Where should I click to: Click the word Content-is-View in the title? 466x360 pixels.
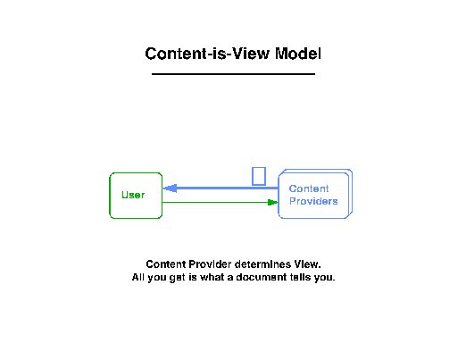click(207, 54)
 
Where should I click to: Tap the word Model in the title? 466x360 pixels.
click(298, 54)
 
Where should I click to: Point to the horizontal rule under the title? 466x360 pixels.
click(233, 74)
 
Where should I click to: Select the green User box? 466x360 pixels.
click(110, 196)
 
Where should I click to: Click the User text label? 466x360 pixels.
click(133, 195)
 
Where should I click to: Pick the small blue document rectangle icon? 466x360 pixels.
click(259, 176)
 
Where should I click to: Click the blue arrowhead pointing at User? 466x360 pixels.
click(171, 188)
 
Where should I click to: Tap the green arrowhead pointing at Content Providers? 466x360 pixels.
click(273, 203)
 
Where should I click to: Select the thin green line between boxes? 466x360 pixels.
click(215, 203)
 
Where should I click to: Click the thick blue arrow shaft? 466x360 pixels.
click(228, 188)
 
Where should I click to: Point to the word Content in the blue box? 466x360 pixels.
click(309, 188)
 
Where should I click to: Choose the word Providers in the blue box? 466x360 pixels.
click(313, 201)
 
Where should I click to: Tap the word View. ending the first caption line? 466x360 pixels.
click(307, 264)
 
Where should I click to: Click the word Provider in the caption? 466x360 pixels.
click(210, 264)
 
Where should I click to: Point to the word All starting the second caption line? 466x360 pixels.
click(138, 277)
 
